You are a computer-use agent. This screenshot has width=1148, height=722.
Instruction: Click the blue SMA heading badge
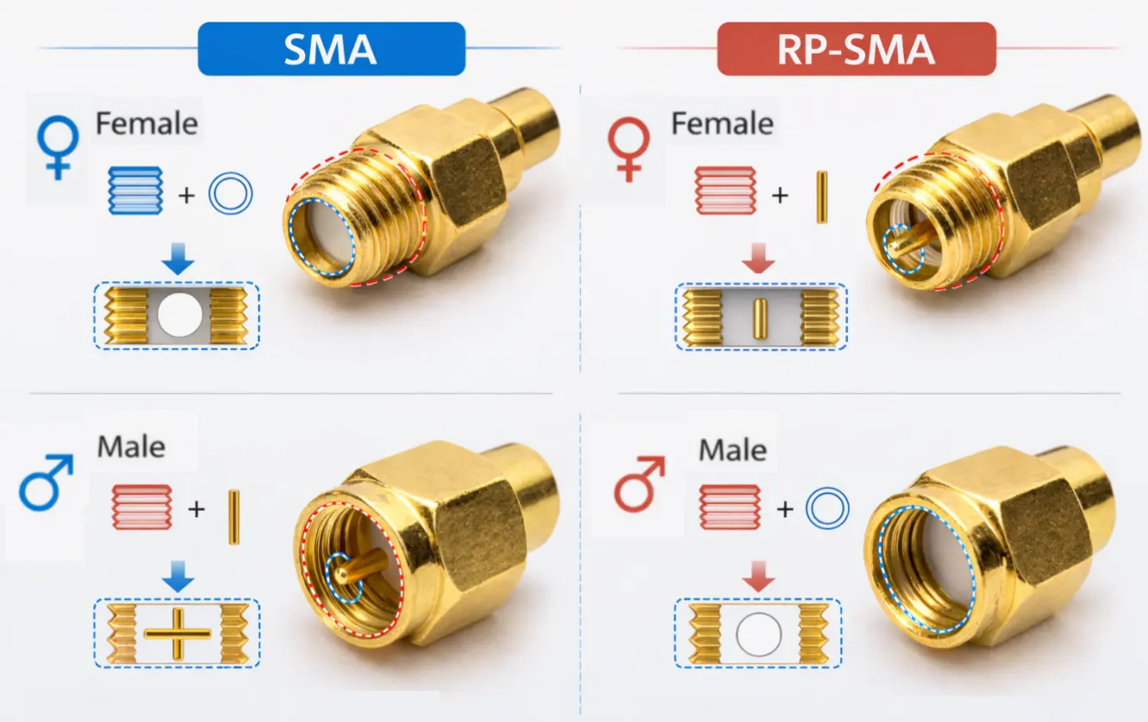331,49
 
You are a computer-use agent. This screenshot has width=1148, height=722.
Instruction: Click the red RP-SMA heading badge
856,49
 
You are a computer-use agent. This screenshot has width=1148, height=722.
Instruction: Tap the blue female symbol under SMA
56,148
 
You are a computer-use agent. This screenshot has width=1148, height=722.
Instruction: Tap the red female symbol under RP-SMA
630,148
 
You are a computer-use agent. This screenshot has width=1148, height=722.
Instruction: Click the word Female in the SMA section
147,124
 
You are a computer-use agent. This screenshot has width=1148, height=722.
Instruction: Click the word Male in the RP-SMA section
733,450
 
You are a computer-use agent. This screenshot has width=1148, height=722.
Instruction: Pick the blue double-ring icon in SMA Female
230,196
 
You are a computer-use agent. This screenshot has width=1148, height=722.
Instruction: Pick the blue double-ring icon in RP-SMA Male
827,508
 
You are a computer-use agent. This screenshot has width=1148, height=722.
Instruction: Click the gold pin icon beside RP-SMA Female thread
821,196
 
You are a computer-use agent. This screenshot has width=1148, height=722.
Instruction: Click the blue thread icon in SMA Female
135,190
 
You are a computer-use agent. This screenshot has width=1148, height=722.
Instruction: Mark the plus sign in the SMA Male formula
197,509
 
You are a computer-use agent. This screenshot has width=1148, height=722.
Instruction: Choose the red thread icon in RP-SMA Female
725,190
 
